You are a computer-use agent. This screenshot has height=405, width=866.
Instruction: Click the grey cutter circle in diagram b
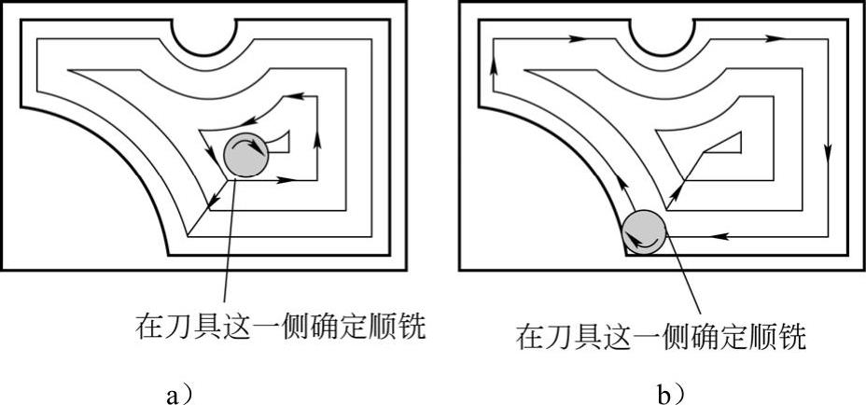pyautogui.click(x=645, y=232)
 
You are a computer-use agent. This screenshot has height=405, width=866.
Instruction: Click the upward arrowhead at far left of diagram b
pyautogui.click(x=493, y=64)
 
